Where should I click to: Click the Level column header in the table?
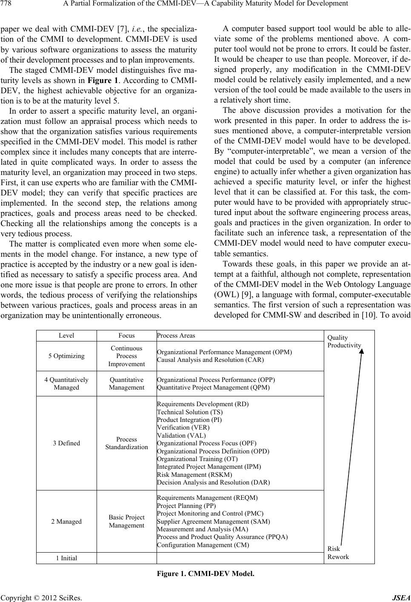(66, 335)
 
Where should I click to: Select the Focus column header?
(126, 335)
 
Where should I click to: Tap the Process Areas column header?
(176, 335)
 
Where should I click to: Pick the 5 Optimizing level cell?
(66, 356)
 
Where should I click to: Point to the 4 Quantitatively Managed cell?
(66, 384)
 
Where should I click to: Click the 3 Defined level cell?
(66, 443)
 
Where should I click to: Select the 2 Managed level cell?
(66, 522)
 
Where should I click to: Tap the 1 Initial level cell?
(66, 558)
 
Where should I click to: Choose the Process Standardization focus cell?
(126, 443)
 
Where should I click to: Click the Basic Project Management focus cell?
(126, 522)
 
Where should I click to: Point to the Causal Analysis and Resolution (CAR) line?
(210, 360)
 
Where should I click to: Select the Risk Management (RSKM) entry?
(194, 475)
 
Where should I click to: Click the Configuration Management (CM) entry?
(203, 545)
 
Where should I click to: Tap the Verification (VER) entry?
(183, 427)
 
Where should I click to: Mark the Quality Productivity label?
(344, 341)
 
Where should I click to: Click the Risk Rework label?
(338, 553)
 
